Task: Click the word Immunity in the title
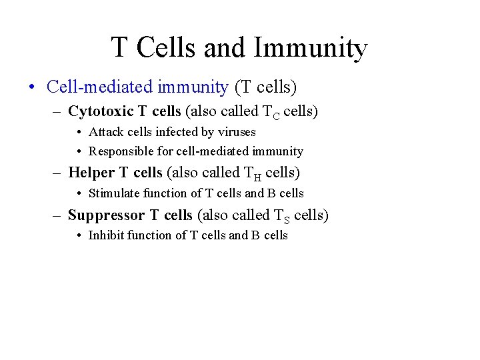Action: (x=310, y=48)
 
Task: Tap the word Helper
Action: (x=91, y=173)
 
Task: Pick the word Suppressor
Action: (x=107, y=215)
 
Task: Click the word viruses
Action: (x=234, y=132)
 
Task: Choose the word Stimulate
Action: (x=113, y=193)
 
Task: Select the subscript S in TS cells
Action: (x=285, y=219)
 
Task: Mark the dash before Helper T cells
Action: (x=59, y=173)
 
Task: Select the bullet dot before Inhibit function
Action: (x=80, y=235)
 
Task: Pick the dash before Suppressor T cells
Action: (x=59, y=215)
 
